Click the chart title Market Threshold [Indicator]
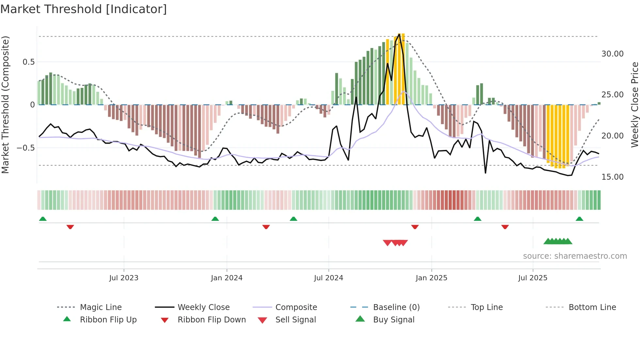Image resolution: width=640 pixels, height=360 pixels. tap(84, 9)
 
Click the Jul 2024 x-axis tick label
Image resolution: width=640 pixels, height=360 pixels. tap(328, 278)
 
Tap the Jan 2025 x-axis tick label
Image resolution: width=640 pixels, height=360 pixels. tap(431, 278)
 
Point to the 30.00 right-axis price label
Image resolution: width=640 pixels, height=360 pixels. tap(612, 54)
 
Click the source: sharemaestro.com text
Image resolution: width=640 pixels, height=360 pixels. tap(575, 256)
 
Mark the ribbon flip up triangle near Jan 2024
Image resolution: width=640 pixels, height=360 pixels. tap(215, 219)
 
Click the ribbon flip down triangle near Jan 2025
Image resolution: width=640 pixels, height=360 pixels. tap(415, 227)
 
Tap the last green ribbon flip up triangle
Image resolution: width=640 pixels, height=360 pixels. tap(579, 219)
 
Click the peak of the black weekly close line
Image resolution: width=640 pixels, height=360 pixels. tap(399, 34)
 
